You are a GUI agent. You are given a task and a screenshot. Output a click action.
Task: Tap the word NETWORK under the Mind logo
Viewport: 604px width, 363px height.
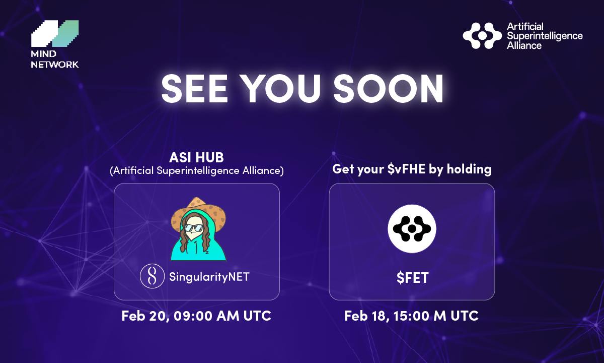(x=55, y=65)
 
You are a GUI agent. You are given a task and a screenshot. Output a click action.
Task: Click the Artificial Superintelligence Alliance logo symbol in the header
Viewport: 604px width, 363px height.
(x=482, y=35)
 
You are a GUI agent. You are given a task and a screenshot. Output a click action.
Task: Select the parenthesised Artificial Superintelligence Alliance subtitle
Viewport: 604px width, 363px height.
(x=197, y=171)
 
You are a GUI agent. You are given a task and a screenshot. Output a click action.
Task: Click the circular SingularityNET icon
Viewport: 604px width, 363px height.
(x=152, y=277)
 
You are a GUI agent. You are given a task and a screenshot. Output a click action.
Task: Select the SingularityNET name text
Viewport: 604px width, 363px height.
(x=209, y=277)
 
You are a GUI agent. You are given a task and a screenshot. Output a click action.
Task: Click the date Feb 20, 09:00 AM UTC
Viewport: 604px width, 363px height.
(x=196, y=316)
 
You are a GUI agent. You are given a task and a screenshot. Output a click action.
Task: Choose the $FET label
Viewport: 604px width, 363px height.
(x=412, y=277)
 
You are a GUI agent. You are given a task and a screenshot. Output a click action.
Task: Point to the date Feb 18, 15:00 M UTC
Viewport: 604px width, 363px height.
(x=411, y=316)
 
